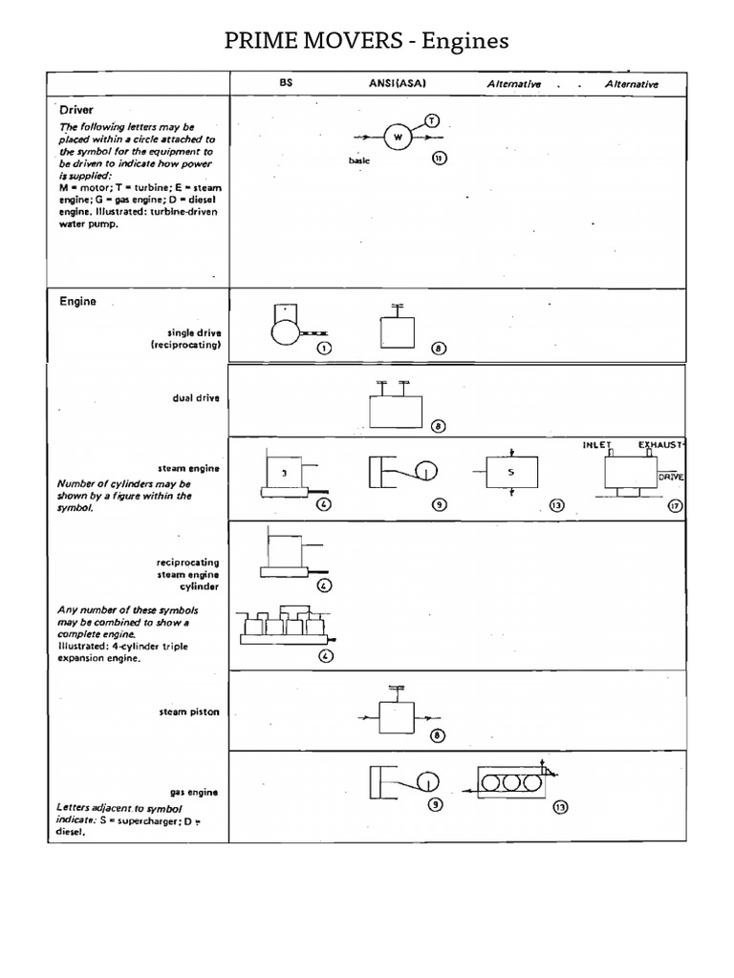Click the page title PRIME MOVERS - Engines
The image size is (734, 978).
pyautogui.click(x=367, y=40)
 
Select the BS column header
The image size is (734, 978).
pyautogui.click(x=285, y=84)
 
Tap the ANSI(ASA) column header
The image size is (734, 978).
pyautogui.click(x=398, y=84)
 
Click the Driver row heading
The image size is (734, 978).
pyautogui.click(x=76, y=110)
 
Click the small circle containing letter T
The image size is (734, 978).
pyautogui.click(x=432, y=121)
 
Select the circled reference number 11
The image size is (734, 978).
pyautogui.click(x=439, y=159)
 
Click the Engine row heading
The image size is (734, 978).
pyautogui.click(x=77, y=301)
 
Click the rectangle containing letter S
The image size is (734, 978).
pyautogui.click(x=510, y=472)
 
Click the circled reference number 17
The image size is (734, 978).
pyautogui.click(x=675, y=505)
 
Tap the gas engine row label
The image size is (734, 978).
pyautogui.click(x=195, y=792)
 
